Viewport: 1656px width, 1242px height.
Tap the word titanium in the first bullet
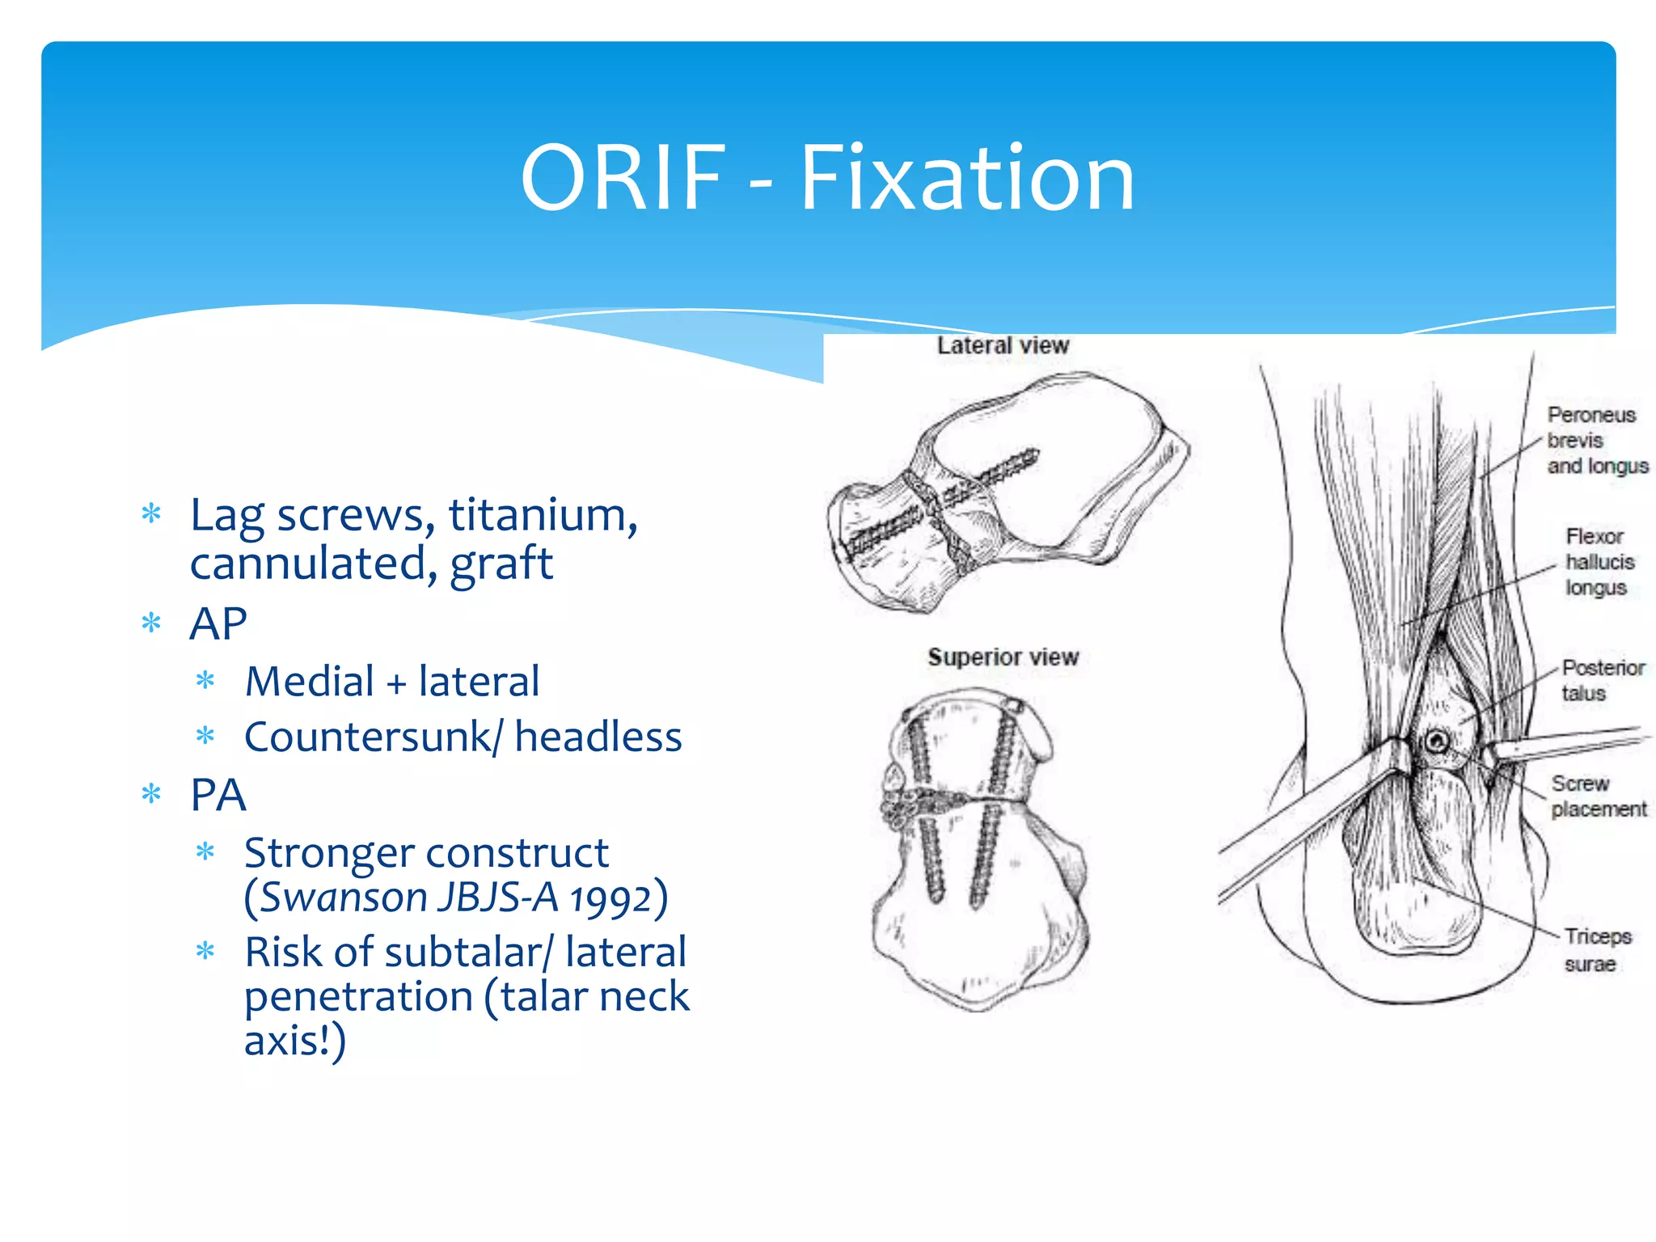(543, 515)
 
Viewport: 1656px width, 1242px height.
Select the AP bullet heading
(218, 623)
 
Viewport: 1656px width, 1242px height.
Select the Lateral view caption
(1003, 346)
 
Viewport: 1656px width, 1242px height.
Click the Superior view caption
(1003, 657)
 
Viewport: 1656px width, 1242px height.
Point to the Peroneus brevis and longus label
(1596, 441)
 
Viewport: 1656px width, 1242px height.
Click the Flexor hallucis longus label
(1598, 562)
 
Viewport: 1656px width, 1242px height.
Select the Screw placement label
(1597, 796)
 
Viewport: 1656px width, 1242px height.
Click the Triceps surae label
(1596, 950)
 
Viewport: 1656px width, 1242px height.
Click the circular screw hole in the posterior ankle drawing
(1437, 741)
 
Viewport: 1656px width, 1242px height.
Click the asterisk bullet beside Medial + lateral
(205, 681)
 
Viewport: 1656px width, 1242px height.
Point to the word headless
(598, 737)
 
